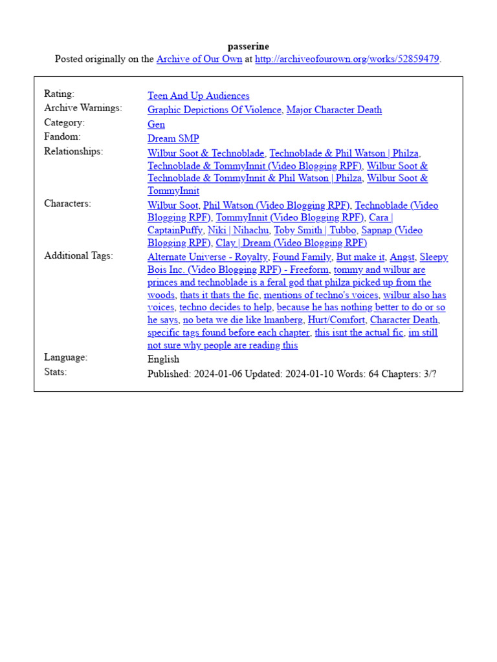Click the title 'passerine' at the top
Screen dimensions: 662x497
tap(248, 47)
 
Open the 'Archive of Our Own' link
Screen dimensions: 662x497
tap(199, 59)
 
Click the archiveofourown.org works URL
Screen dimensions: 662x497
tap(347, 59)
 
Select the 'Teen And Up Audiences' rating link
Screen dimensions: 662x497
tap(198, 96)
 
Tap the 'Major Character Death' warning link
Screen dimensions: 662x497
tap(334, 110)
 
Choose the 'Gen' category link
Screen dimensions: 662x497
tap(156, 125)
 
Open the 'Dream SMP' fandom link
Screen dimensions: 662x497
tap(173, 139)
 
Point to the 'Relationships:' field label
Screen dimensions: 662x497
tap(73, 152)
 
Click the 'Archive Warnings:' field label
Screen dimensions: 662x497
tap(83, 109)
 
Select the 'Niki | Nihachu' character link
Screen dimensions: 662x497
tap(238, 231)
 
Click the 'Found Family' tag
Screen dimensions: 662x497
tap(302, 257)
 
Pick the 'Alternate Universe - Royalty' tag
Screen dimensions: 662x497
tap(207, 257)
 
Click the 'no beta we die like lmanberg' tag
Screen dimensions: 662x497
tap(242, 320)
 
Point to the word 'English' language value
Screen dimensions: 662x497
tap(163, 359)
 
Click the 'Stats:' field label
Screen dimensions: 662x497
tap(56, 372)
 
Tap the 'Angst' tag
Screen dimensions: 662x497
tap(402, 257)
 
